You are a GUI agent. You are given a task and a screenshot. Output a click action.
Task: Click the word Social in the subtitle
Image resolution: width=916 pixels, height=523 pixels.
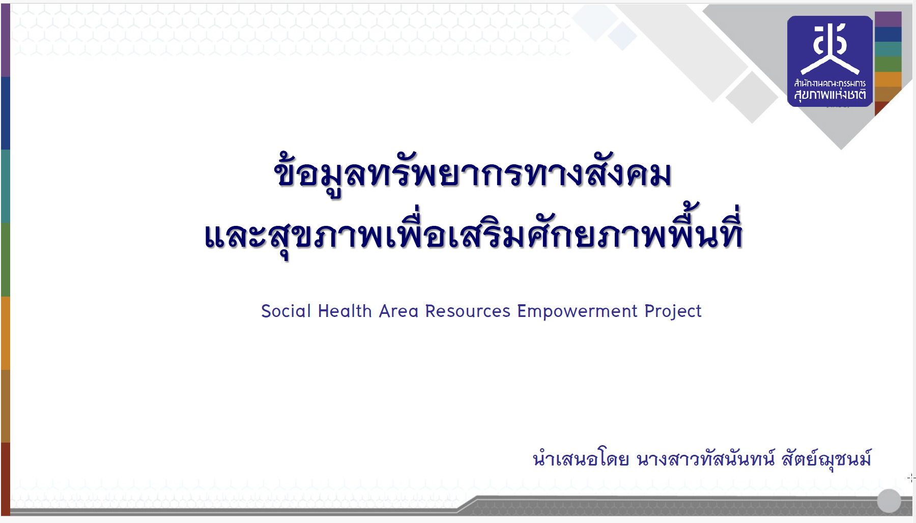[x=285, y=311]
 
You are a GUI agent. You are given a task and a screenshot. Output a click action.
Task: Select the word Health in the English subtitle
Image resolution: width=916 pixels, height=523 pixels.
[x=345, y=311]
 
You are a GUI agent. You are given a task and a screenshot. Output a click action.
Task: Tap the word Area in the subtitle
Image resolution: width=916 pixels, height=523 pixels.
[x=399, y=311]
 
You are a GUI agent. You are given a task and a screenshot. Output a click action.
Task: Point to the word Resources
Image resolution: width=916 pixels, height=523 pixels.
[x=468, y=311]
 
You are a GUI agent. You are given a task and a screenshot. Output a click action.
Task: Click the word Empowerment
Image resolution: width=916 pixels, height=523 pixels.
[x=577, y=311]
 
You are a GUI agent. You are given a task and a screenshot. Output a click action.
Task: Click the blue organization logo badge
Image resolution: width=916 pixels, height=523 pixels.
[x=830, y=61]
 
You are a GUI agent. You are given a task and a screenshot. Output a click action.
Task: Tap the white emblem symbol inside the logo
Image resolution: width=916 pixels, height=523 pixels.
[x=830, y=49]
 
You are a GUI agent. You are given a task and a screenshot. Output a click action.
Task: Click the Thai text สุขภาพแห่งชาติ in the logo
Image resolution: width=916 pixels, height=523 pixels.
[x=830, y=95]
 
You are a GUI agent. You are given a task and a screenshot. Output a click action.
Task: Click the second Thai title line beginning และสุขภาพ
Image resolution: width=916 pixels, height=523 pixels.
[x=473, y=234]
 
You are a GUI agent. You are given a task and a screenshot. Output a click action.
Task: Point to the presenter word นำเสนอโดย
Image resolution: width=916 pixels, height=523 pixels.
[x=581, y=459]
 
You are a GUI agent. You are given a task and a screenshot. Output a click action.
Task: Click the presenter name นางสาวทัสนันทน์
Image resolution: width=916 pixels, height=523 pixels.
[x=706, y=459]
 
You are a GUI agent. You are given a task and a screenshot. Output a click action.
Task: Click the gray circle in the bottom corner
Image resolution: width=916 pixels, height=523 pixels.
[x=889, y=501]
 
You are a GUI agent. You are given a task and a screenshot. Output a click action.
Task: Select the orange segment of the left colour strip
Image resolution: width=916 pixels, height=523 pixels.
[x=5, y=333]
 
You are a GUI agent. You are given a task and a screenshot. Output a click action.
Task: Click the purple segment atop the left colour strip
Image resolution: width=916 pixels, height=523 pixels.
[x=5, y=41]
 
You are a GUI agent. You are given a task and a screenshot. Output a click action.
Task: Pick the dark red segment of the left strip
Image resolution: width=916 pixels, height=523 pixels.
[x=5, y=479]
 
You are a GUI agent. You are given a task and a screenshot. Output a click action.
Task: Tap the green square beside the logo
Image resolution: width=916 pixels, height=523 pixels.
[x=888, y=64]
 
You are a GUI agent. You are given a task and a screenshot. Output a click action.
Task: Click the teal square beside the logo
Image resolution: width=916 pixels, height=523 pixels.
[x=888, y=49]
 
